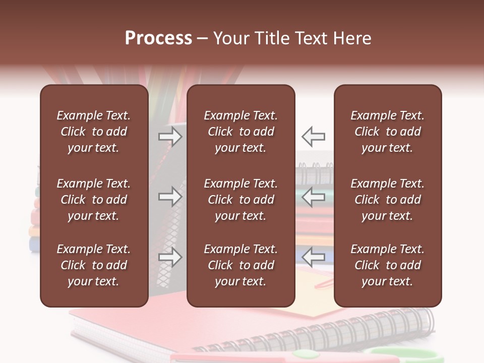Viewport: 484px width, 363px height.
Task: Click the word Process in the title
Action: point(158,38)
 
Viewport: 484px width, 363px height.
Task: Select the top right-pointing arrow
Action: point(170,136)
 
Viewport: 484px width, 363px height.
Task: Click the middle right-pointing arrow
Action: point(170,197)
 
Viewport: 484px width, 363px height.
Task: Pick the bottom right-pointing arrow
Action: point(170,257)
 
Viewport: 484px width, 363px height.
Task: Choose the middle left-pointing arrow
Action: point(313,197)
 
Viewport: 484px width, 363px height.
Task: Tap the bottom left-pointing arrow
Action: point(313,257)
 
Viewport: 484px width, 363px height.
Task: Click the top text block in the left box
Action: point(93,132)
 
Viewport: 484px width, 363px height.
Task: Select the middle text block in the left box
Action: point(93,200)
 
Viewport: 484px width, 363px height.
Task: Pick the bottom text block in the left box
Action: point(93,265)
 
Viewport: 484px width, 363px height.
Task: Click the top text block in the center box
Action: point(240,132)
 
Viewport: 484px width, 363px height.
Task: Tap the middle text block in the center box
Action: point(240,200)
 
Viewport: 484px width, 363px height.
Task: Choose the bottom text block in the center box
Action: point(240,265)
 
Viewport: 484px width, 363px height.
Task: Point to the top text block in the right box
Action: point(387,132)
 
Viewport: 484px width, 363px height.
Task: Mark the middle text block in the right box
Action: point(387,200)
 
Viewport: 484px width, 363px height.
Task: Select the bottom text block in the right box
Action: point(387,265)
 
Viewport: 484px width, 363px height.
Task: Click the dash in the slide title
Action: point(202,39)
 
